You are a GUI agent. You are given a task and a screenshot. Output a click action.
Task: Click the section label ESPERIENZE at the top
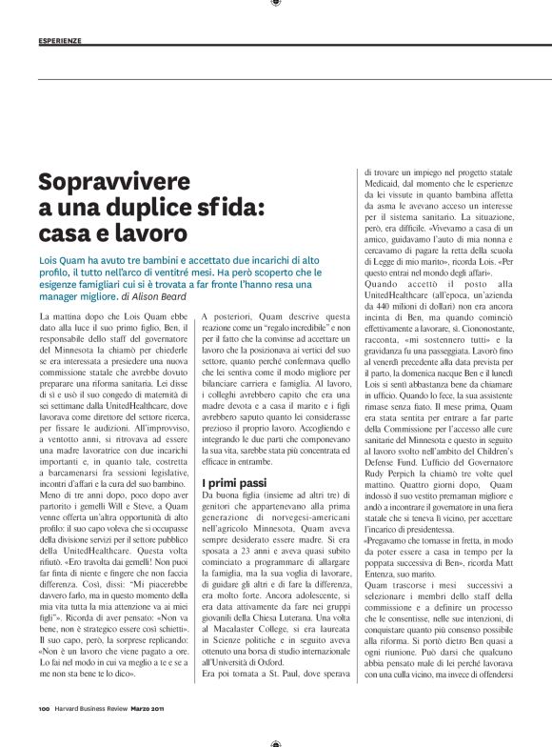click(60, 41)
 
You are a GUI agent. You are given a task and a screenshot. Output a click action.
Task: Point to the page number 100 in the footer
click(44, 734)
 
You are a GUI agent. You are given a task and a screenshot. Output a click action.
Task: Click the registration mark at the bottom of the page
click(275, 743)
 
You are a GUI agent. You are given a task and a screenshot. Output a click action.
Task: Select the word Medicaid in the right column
click(385, 185)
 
